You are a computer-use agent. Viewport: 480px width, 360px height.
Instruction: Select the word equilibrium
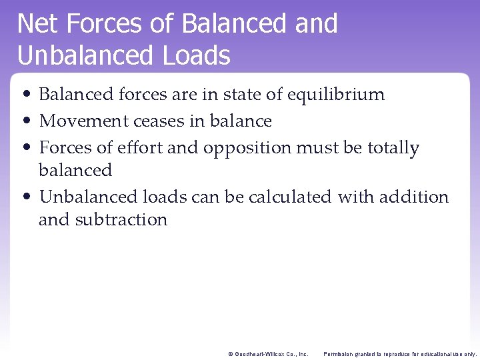click(336, 95)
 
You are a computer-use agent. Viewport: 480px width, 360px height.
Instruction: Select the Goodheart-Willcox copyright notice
click(268, 353)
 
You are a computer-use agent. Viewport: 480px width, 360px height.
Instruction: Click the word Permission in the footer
click(340, 353)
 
